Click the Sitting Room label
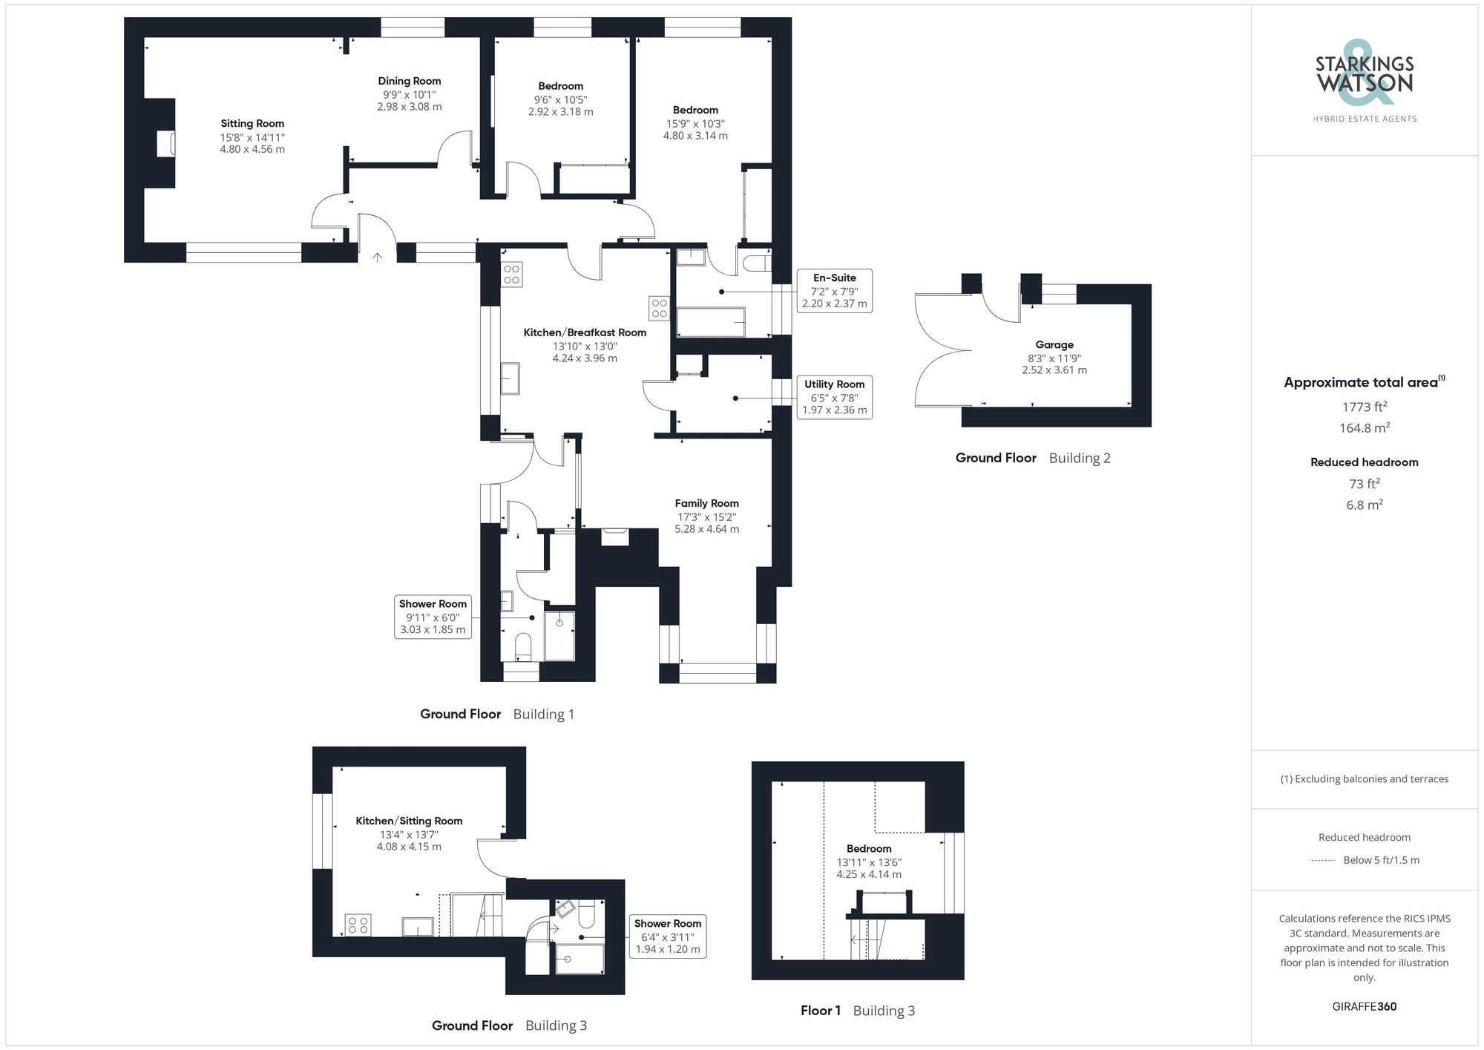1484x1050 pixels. (252, 124)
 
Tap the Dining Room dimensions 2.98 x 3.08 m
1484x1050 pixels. (410, 107)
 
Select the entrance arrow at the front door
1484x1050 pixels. (377, 257)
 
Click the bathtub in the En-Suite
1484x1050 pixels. (711, 321)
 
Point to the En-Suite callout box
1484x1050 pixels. (834, 291)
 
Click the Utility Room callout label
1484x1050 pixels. (834, 384)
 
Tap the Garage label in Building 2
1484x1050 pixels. (1054, 345)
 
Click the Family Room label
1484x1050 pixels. (706, 504)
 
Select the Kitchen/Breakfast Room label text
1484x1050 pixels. (585, 333)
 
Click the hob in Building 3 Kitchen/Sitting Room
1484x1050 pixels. (358, 925)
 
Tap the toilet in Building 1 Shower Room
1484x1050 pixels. (523, 646)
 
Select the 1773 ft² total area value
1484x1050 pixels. (1364, 407)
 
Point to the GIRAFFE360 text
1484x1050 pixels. (1364, 1007)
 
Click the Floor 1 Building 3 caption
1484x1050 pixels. (857, 1011)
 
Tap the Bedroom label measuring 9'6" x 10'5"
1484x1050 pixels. (560, 87)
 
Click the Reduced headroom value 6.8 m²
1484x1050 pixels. (1364, 505)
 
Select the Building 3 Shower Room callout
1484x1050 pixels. (667, 936)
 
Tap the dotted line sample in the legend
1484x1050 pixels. (1322, 861)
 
